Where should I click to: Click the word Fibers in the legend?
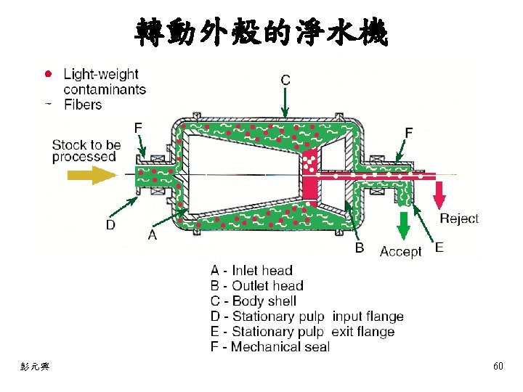(83, 105)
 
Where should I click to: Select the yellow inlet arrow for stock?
(92, 175)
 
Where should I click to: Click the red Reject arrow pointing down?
(439, 193)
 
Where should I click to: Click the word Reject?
(459, 219)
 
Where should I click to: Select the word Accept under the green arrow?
(400, 252)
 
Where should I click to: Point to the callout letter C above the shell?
(285, 80)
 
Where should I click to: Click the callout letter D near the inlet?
(110, 225)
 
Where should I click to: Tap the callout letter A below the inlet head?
(153, 234)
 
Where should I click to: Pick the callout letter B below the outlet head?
(359, 248)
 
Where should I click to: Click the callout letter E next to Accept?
(439, 248)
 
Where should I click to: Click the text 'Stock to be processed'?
(84, 151)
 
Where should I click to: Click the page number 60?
(498, 367)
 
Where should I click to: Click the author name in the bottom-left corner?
(34, 367)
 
